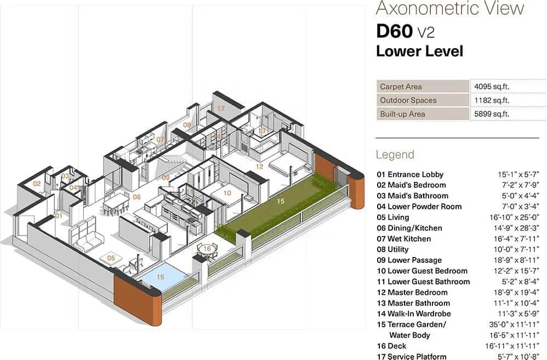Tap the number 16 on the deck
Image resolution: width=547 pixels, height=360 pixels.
coord(207,249)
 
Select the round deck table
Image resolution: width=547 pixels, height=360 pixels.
coord(207,250)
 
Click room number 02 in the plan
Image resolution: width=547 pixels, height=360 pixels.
coord(37,184)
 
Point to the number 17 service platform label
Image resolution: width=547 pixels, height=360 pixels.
coord(221,108)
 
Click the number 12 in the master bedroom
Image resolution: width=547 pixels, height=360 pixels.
coord(259,167)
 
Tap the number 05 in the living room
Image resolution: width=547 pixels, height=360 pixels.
coord(111,258)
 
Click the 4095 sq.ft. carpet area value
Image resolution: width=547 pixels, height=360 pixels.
coord(492,87)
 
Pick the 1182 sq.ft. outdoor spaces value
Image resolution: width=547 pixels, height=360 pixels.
coord(492,100)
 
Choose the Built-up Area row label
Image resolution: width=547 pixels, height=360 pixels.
coord(402,114)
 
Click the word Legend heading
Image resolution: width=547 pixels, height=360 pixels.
coord(395,155)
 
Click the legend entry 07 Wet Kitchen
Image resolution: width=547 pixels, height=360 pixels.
coord(403,239)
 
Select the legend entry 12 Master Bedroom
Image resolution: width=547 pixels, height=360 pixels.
coord(412,292)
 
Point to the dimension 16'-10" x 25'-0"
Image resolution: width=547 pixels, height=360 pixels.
coord(514,218)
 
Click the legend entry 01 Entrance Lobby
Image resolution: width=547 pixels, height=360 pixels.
coord(410,174)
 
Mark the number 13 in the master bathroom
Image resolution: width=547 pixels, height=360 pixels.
coord(261,131)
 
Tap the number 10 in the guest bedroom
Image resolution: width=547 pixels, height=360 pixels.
coord(227,193)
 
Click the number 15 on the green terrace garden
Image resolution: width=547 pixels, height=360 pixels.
coord(281,201)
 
